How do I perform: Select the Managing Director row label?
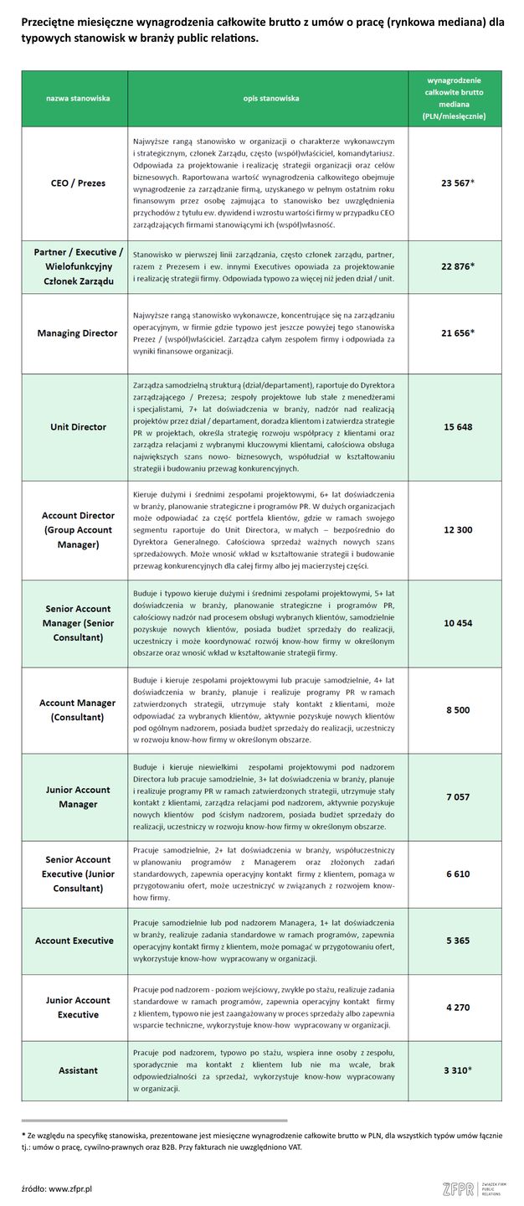click(x=77, y=333)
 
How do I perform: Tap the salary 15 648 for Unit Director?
click(x=457, y=427)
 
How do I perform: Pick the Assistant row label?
click(x=77, y=1070)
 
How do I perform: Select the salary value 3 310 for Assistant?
click(x=457, y=1070)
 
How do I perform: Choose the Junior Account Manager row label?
click(x=77, y=797)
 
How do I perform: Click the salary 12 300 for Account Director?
click(x=457, y=529)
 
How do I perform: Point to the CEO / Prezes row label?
click(x=77, y=183)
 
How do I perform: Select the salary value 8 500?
click(x=457, y=710)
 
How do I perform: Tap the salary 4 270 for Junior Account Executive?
click(x=457, y=1007)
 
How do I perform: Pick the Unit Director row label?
click(x=77, y=427)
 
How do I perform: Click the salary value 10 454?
click(x=457, y=623)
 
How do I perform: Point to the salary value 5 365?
click(x=457, y=941)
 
